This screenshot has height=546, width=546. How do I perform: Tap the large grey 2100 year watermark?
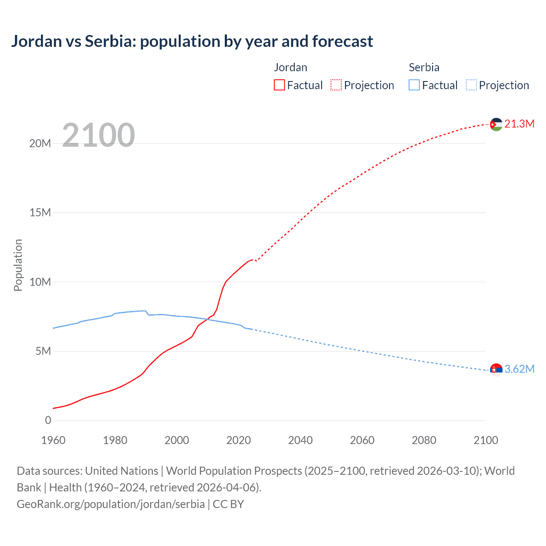(x=99, y=135)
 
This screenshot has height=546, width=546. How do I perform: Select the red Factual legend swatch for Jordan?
(x=279, y=85)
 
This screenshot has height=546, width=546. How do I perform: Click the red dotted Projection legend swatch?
(x=336, y=85)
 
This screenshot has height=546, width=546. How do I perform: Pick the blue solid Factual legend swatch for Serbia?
(x=414, y=85)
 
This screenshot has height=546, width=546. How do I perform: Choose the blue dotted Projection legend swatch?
(x=471, y=85)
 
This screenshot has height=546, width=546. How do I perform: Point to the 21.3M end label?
(x=519, y=124)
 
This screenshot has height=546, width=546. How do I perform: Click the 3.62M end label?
(x=519, y=369)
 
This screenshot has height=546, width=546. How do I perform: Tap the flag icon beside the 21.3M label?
(x=496, y=125)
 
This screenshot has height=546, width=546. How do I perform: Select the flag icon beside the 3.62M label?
(x=496, y=370)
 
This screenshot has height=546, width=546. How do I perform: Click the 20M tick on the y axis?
(x=40, y=143)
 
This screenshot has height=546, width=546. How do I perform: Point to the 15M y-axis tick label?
(x=40, y=212)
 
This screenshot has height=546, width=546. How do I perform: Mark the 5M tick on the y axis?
(x=43, y=351)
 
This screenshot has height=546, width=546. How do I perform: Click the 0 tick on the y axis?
(x=48, y=420)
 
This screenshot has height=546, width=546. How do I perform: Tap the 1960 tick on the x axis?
(x=53, y=440)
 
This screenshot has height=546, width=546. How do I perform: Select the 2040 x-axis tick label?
(x=300, y=440)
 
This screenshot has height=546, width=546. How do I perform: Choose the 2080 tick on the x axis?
(x=424, y=440)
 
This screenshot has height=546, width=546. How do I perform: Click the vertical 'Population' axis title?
(x=18, y=265)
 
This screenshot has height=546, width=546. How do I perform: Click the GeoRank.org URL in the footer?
(x=111, y=504)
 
